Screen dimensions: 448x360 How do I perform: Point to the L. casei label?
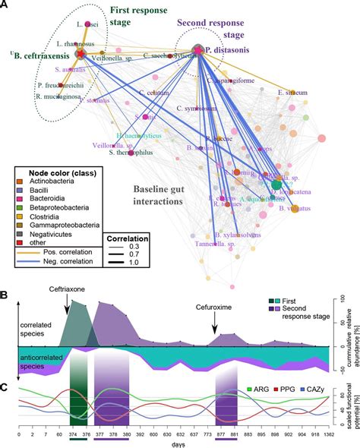(x=76, y=24)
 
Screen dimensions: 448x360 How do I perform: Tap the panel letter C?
(x=5, y=365)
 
